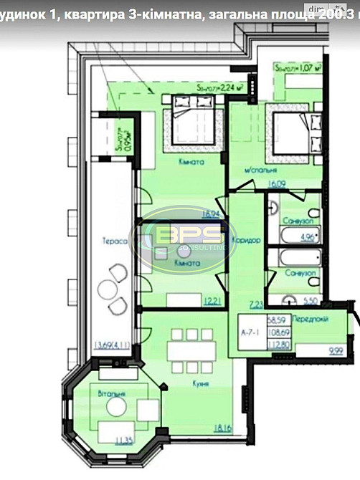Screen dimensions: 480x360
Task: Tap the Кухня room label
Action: pos(201,385)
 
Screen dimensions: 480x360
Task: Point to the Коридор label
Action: pos(245,241)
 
